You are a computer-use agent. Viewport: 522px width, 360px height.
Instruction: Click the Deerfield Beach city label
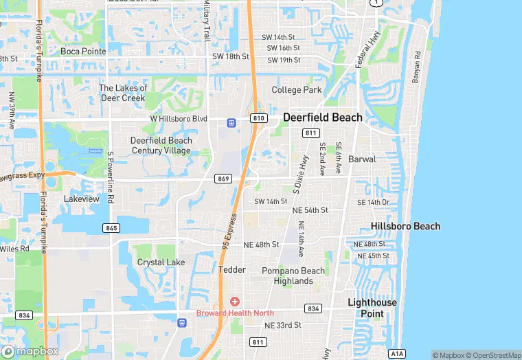click(x=322, y=117)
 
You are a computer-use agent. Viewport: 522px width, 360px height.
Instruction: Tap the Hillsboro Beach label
click(x=405, y=226)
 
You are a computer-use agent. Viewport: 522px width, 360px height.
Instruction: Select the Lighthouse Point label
click(x=372, y=308)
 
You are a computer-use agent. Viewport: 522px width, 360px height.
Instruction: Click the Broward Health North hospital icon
click(x=235, y=302)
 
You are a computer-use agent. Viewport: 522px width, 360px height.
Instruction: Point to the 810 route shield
click(x=258, y=118)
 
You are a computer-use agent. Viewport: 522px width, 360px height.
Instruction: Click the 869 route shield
click(x=223, y=179)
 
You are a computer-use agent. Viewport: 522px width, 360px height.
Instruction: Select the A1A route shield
click(x=397, y=354)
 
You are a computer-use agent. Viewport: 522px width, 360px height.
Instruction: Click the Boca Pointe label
click(x=83, y=52)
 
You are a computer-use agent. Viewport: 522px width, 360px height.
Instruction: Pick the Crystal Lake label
click(x=161, y=262)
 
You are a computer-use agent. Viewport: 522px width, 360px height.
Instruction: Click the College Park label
click(x=297, y=90)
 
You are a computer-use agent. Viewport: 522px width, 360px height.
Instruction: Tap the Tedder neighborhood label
click(x=232, y=270)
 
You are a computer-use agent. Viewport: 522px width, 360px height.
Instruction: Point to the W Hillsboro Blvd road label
click(x=179, y=119)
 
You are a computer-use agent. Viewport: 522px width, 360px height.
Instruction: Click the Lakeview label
click(x=82, y=199)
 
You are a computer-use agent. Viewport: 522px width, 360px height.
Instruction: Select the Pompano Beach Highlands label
click(x=293, y=275)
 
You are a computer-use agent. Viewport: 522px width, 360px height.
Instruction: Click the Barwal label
click(x=362, y=159)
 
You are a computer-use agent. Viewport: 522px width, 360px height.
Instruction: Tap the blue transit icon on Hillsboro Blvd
click(x=232, y=123)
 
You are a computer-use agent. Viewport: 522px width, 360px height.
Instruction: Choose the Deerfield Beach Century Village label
click(x=161, y=146)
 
